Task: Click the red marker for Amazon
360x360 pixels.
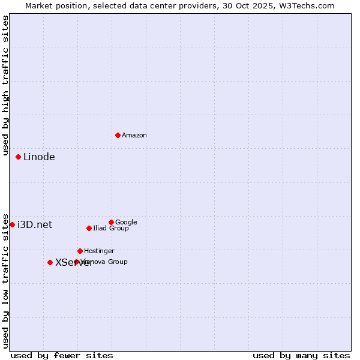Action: click(118, 135)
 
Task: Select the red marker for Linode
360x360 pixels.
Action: click(18, 157)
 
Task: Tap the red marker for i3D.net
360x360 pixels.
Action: click(12, 224)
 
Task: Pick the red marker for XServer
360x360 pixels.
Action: click(50, 262)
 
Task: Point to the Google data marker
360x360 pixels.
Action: click(111, 222)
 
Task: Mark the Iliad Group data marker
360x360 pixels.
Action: click(89, 228)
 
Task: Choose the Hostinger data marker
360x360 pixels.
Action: click(80, 251)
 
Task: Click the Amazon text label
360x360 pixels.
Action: click(134, 136)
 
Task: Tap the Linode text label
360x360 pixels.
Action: click(39, 157)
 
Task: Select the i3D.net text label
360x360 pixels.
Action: click(35, 225)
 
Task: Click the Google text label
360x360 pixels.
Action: click(126, 223)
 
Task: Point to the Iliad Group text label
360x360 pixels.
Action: click(111, 229)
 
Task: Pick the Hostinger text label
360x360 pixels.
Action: click(99, 251)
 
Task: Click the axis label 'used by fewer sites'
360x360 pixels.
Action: click(62, 356)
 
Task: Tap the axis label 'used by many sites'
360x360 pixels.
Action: click(301, 356)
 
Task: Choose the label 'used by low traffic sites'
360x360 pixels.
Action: click(5, 280)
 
